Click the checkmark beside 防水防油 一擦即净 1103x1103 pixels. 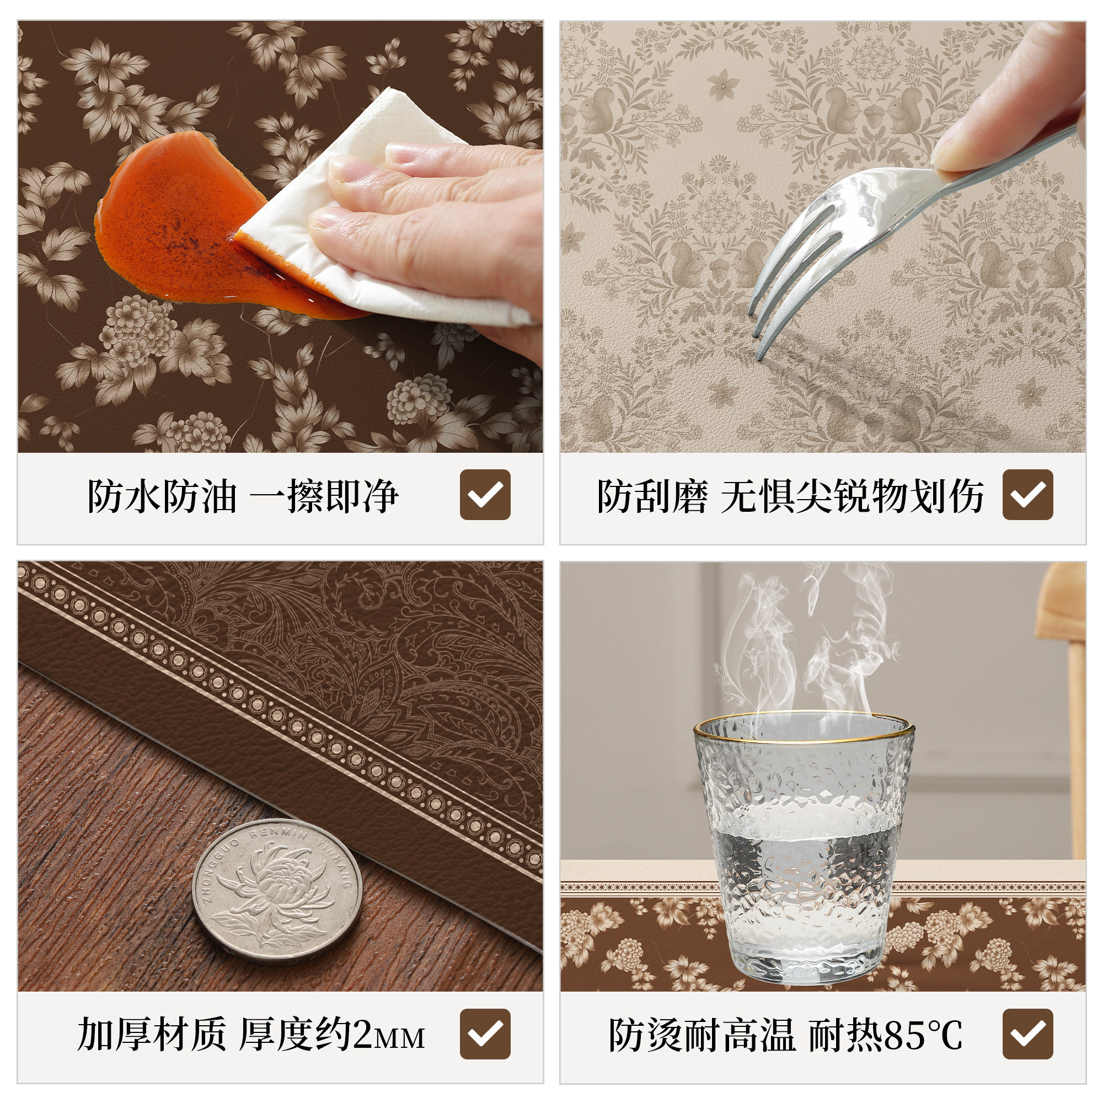[485, 494]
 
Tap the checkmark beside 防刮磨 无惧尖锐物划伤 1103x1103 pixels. [1027, 494]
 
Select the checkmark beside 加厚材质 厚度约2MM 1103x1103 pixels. [485, 1034]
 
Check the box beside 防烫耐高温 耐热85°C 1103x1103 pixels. [1027, 1034]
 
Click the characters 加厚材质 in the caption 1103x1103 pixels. [151, 1035]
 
